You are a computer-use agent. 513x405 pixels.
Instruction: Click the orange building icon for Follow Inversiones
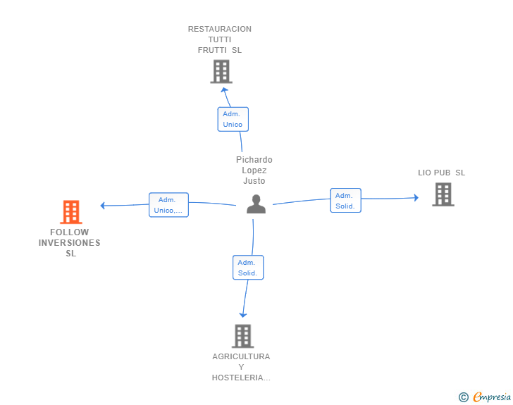pyautogui.click(x=71, y=211)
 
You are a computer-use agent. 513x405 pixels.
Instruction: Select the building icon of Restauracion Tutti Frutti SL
pyautogui.click(x=221, y=71)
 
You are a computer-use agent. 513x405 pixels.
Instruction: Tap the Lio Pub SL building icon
pyautogui.click(x=443, y=194)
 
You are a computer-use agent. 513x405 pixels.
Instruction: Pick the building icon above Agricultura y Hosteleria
pyautogui.click(x=242, y=336)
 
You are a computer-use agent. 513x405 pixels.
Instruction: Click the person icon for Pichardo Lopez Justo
pyautogui.click(x=256, y=204)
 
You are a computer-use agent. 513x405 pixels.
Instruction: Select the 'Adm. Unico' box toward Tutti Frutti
pyautogui.click(x=233, y=119)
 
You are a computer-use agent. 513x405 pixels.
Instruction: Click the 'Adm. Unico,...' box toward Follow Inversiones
pyautogui.click(x=168, y=205)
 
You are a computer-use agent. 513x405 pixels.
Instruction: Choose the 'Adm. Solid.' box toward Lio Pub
pyautogui.click(x=345, y=201)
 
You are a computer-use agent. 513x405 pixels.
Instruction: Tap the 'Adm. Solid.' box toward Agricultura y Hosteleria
pyautogui.click(x=247, y=268)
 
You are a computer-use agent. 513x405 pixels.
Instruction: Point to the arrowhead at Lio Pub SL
pyautogui.click(x=416, y=198)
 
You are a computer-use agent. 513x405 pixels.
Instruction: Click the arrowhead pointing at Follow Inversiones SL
pyautogui.click(x=103, y=206)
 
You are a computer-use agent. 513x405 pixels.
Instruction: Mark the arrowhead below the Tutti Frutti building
pyautogui.click(x=224, y=90)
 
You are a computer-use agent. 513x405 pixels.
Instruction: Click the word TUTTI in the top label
pyautogui.click(x=219, y=39)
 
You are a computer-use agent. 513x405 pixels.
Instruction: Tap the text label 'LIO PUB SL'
pyautogui.click(x=441, y=173)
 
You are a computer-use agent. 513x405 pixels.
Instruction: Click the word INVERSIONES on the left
pyautogui.click(x=69, y=243)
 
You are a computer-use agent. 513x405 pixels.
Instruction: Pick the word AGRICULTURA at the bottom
pyautogui.click(x=241, y=356)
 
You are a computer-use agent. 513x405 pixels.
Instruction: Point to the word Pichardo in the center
pyautogui.click(x=254, y=160)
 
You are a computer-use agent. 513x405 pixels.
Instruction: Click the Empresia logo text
pyautogui.click(x=492, y=397)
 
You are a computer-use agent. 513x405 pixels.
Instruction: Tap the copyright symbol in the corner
pyautogui.click(x=463, y=397)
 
